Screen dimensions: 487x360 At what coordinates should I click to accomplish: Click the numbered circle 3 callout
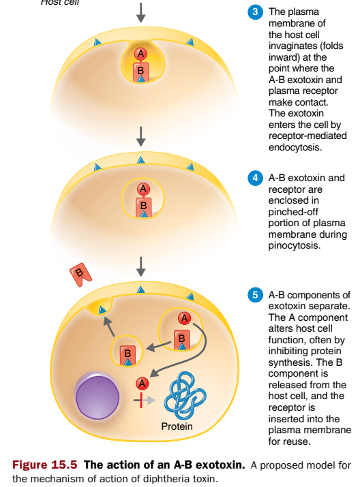256,12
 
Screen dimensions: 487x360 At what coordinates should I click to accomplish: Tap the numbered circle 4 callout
256,178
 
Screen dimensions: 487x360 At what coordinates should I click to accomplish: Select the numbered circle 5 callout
256,296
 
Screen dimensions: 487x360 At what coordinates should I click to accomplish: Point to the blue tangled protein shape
179,395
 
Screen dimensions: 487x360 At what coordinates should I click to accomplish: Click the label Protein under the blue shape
177,426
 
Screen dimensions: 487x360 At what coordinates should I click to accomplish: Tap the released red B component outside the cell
81,276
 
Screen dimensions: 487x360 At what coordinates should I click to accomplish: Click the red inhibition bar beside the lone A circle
142,399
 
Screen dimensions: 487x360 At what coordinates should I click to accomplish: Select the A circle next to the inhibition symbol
142,383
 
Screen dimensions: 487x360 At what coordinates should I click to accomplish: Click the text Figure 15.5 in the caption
46,465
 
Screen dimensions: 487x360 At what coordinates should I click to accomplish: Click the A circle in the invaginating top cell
140,53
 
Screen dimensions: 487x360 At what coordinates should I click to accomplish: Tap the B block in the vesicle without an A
126,353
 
